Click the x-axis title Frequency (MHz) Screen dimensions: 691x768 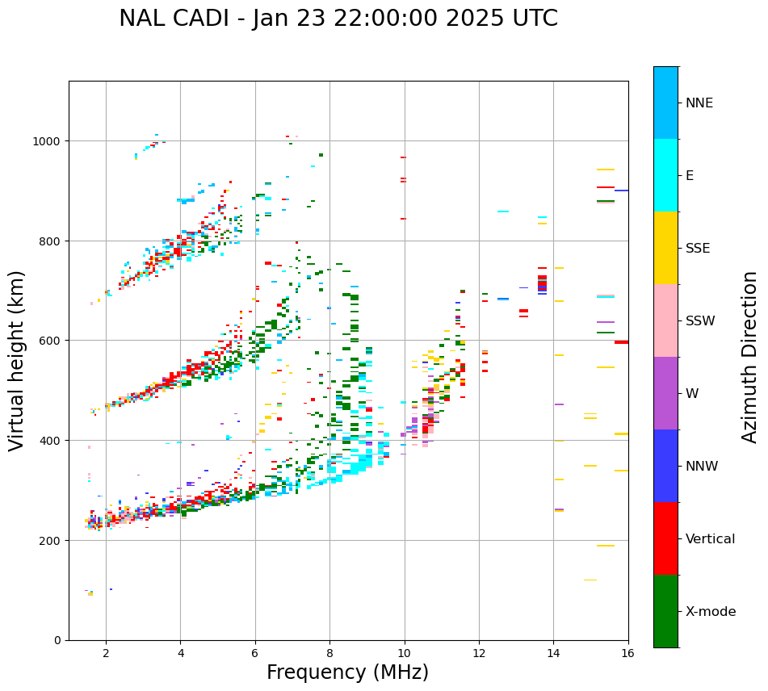point(347,672)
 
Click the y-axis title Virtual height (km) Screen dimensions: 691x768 point(17,361)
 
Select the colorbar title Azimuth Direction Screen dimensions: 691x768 point(750,357)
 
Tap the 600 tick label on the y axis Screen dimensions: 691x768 point(52,341)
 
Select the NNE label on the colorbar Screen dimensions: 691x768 point(699,103)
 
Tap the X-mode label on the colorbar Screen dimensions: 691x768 point(711,612)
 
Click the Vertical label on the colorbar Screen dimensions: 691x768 point(710,539)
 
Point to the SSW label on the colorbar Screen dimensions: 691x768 point(700,321)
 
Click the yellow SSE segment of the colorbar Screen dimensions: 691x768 point(665,248)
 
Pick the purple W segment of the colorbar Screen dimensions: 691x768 point(665,393)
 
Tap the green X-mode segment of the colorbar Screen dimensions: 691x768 point(665,611)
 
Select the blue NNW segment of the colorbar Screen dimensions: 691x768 point(665,466)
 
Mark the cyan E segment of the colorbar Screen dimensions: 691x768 point(665,175)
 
